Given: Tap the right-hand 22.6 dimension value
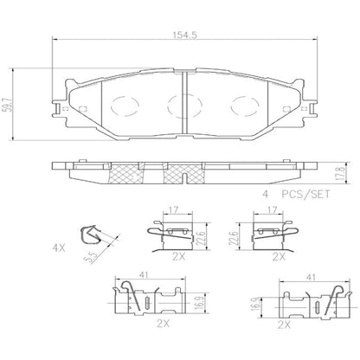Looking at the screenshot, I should (233, 236).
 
